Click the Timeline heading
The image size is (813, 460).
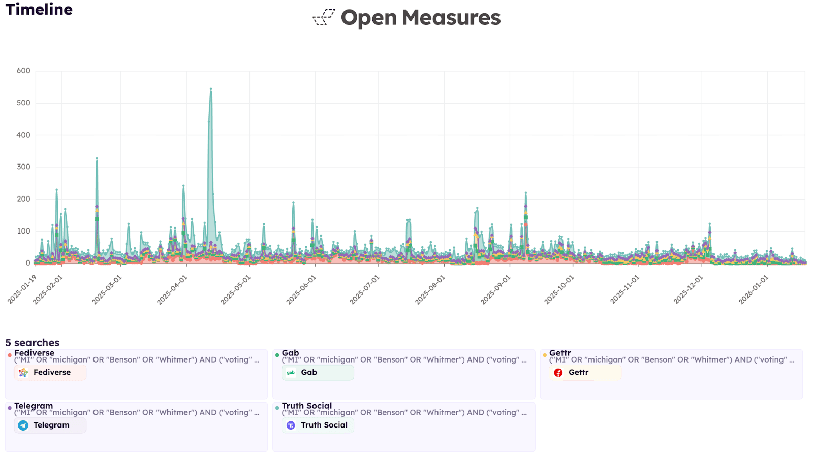click(x=39, y=10)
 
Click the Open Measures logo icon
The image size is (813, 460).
click(x=324, y=17)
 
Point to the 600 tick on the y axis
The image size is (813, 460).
click(x=23, y=71)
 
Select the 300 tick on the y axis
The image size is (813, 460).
click(x=23, y=167)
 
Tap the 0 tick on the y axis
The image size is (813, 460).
click(x=28, y=263)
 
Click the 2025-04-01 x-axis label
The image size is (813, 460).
click(x=172, y=290)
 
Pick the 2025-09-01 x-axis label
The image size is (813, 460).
click(x=495, y=290)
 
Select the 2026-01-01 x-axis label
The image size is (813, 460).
click(x=754, y=290)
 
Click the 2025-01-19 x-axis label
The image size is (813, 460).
click(x=22, y=290)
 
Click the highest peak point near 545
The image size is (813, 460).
click(x=211, y=89)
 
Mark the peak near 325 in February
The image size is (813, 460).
click(x=97, y=158)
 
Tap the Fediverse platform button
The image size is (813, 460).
click(x=50, y=373)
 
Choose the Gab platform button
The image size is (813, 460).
click(x=318, y=373)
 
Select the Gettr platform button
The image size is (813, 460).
click(x=585, y=373)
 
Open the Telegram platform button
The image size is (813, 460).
click(x=50, y=425)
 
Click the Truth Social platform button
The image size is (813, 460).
click(x=318, y=425)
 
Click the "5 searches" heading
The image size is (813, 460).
click(x=33, y=343)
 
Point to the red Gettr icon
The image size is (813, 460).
click(x=558, y=373)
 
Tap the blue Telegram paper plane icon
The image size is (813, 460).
click(x=23, y=425)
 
